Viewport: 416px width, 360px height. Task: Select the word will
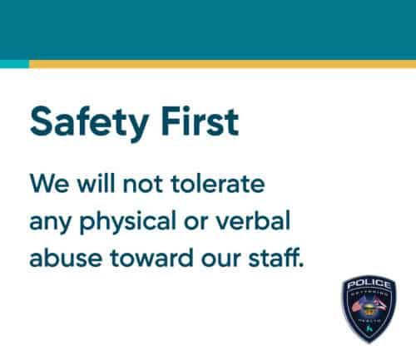point(90,181)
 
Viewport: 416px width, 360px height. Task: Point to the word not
point(137,182)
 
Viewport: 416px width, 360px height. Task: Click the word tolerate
point(211,181)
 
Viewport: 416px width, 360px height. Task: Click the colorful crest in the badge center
point(369,308)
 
